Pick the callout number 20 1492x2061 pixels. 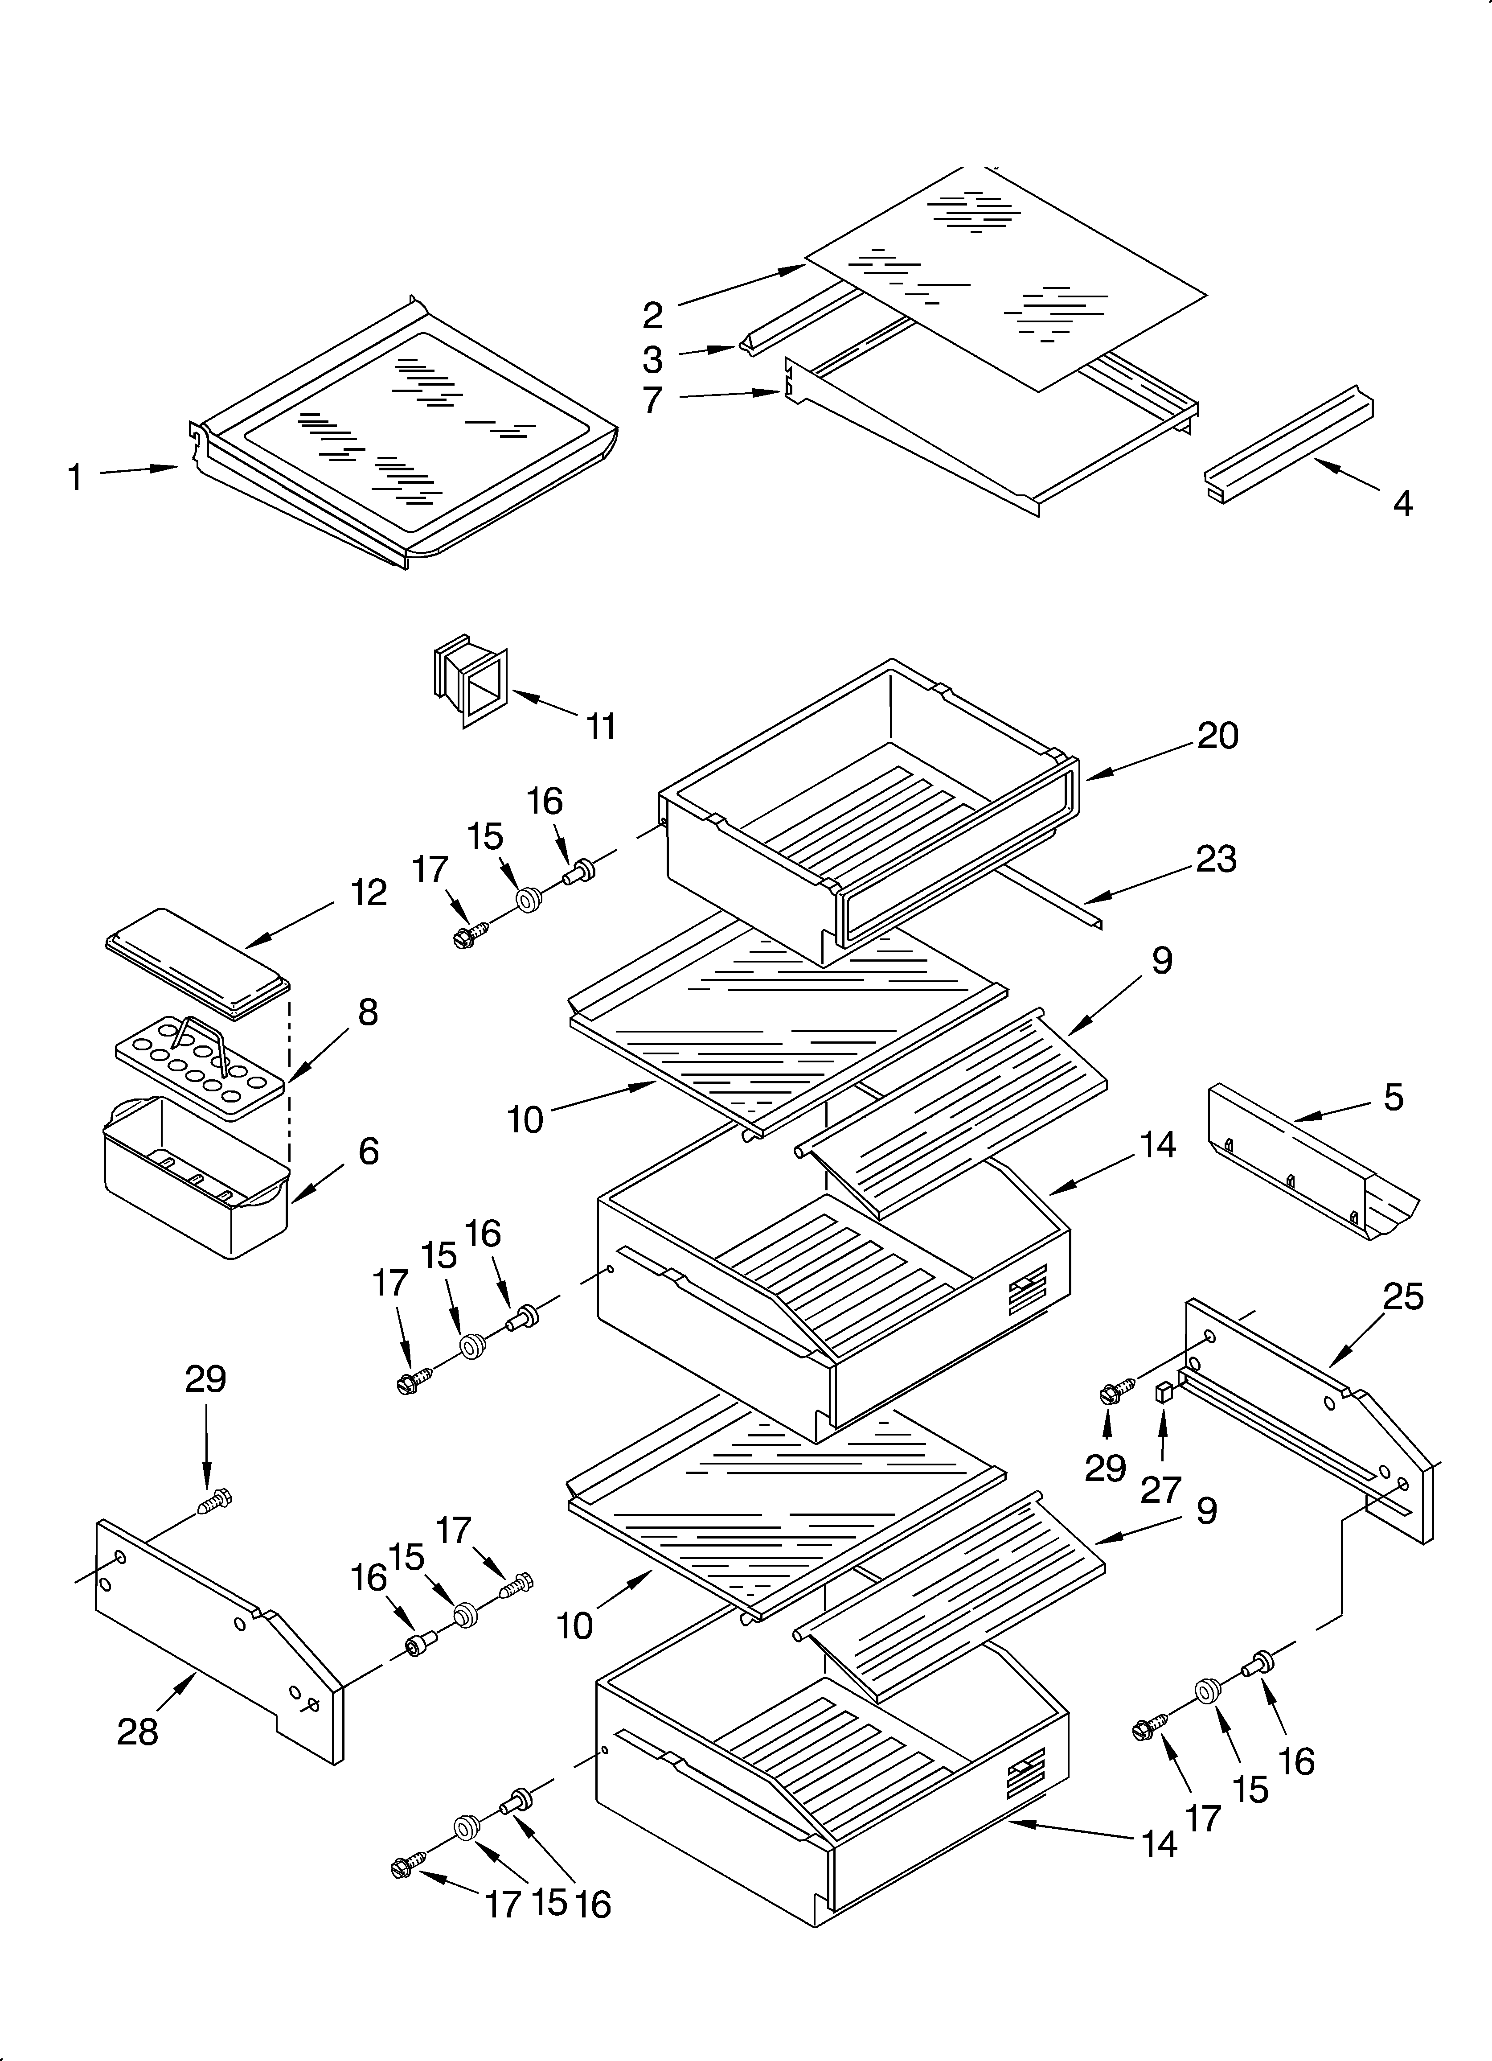1217,735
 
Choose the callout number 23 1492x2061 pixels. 1216,859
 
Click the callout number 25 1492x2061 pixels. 1402,1297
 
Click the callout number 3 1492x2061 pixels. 652,360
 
